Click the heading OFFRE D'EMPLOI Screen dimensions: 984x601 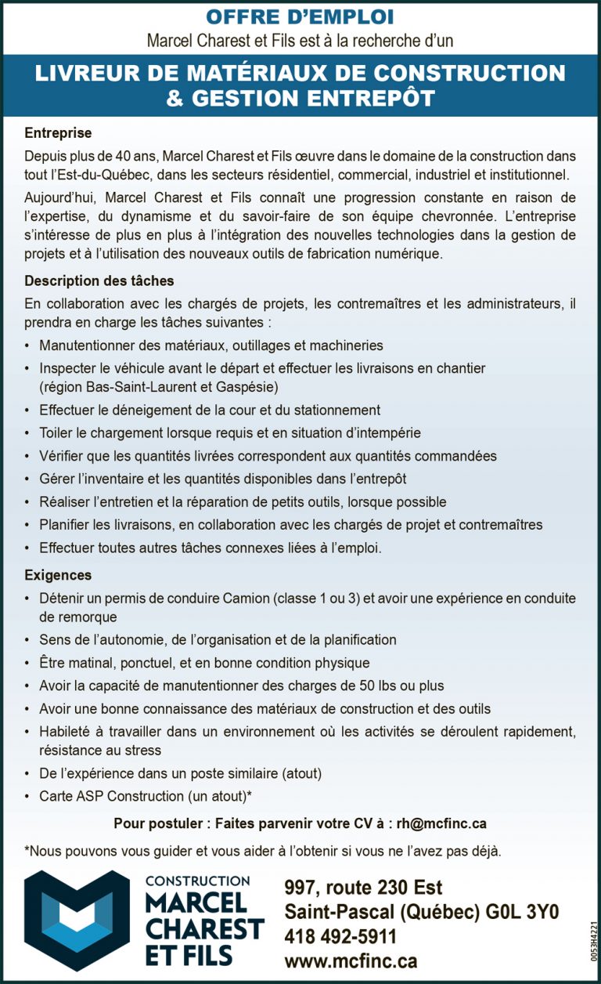click(300, 16)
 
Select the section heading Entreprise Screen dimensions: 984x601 click(58, 133)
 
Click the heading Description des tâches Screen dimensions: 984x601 click(99, 280)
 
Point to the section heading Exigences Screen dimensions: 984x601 click(58, 576)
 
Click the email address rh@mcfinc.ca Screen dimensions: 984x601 click(441, 823)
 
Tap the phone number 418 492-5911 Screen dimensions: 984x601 click(341, 937)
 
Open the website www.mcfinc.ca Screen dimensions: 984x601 click(351, 961)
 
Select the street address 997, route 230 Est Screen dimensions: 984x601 click(364, 888)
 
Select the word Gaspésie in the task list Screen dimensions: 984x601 click(249, 387)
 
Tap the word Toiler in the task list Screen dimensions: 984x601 click(56, 432)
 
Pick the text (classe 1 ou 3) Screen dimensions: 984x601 click(316, 599)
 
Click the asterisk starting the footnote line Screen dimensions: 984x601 click(27, 850)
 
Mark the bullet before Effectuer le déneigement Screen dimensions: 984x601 click(28, 411)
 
